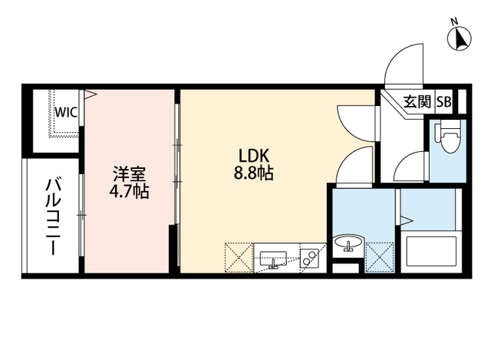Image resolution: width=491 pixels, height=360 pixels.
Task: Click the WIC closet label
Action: click(66, 112)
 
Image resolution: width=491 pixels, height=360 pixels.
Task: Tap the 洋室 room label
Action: click(130, 174)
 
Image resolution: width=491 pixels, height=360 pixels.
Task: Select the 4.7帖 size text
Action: click(129, 191)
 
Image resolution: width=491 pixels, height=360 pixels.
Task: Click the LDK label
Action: click(254, 156)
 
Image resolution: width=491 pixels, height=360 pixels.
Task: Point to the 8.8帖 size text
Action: click(254, 173)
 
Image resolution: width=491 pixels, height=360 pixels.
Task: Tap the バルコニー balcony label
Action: click(52, 216)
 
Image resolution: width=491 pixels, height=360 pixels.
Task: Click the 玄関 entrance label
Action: click(417, 102)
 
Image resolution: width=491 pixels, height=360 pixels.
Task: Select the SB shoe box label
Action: click(444, 102)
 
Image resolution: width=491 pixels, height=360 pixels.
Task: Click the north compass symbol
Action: click(460, 39)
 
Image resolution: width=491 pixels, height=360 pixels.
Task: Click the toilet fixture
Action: click(447, 137)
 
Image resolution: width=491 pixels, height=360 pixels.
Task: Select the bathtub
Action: click(431, 251)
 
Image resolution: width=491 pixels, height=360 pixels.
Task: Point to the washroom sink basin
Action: click(348, 243)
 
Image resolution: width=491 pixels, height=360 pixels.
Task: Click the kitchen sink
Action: click(273, 259)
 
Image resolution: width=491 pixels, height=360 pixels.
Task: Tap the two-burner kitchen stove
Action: click(308, 258)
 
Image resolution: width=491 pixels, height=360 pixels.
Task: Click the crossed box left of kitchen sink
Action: click(239, 258)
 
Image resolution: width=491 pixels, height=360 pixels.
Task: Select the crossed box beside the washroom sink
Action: click(380, 257)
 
